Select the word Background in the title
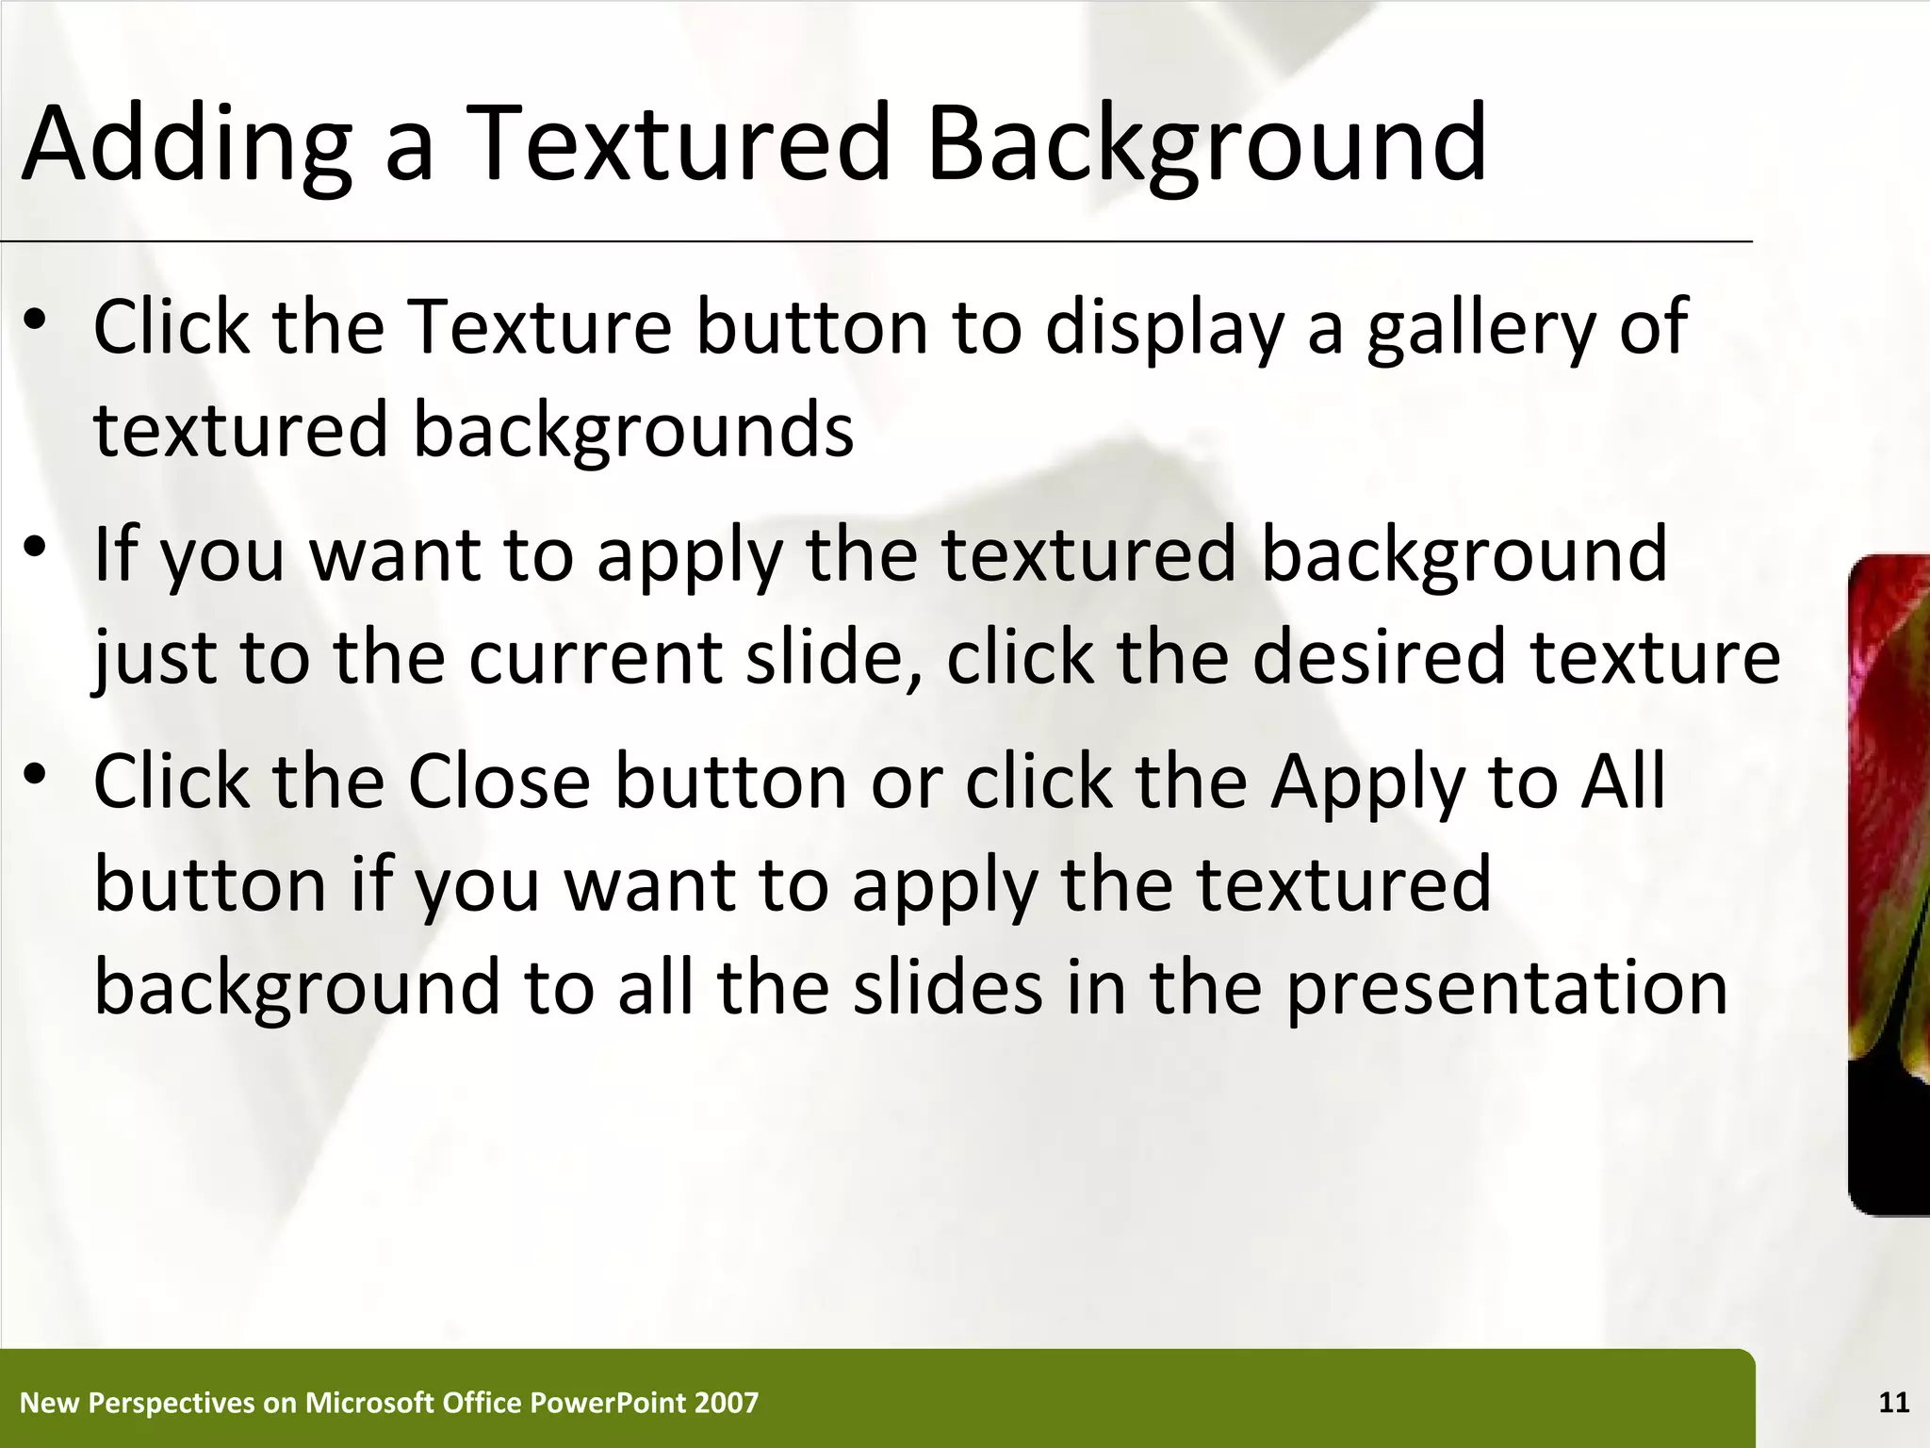[1206, 143]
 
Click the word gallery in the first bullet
[1480, 327]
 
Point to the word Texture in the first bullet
[542, 327]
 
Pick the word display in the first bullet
[1165, 327]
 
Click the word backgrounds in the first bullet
[633, 431]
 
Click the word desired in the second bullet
[1379, 657]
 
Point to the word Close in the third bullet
[499, 782]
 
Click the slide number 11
[1894, 1404]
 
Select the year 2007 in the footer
[726, 1404]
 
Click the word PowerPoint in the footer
[608, 1404]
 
